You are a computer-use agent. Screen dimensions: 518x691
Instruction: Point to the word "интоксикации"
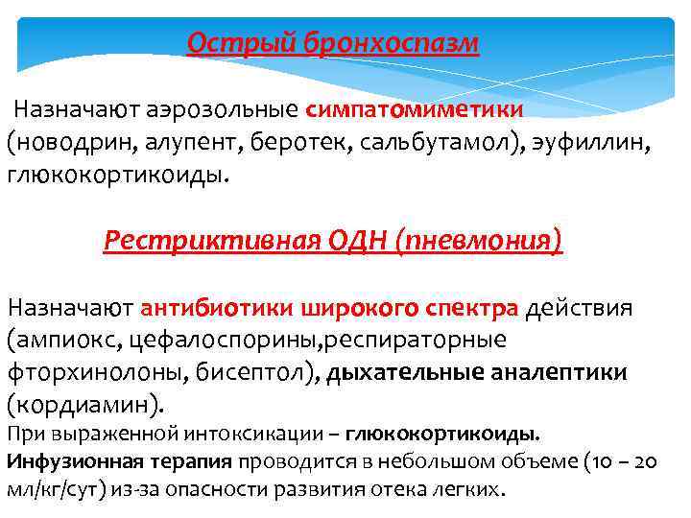209,433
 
